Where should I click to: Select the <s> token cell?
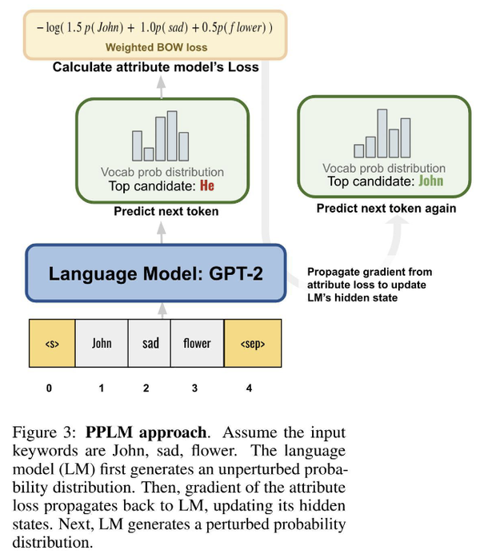(52, 343)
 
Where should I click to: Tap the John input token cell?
(102, 343)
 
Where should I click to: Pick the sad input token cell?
(150, 343)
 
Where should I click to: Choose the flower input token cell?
(197, 343)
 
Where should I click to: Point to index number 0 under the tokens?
(50, 389)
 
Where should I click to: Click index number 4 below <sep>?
(249, 389)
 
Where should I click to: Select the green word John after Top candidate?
(430, 181)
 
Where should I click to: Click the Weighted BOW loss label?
(156, 48)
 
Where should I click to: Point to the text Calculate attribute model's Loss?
(156, 67)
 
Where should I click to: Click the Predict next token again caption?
(386, 209)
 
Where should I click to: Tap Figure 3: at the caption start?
(45, 434)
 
